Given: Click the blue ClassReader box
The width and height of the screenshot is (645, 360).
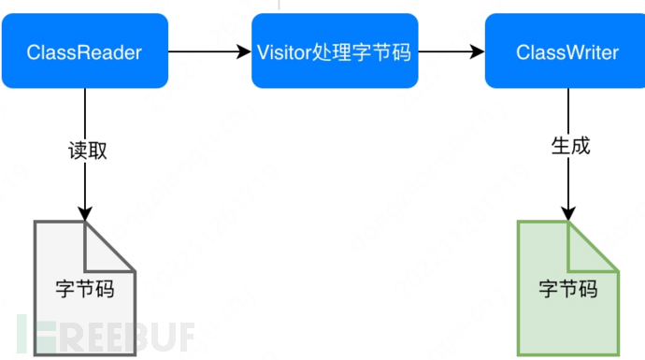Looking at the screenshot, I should (84, 51).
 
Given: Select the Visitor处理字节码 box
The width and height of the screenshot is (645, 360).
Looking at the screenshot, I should (335, 51).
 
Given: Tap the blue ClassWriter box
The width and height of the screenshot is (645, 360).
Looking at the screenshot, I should (566, 51).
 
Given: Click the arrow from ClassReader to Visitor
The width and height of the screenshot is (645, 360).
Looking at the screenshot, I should (210, 51).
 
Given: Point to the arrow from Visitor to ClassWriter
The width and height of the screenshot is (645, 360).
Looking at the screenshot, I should (451, 51).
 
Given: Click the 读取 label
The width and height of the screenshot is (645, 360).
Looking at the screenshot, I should (87, 150).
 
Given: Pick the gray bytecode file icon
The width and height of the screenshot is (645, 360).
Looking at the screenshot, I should (84, 287).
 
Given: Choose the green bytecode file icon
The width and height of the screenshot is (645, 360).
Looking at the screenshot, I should (567, 287).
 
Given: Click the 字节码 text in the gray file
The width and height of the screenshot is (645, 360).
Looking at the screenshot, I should (84, 289).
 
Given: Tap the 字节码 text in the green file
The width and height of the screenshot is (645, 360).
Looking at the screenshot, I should (567, 289).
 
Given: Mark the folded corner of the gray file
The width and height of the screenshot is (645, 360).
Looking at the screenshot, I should (110, 245).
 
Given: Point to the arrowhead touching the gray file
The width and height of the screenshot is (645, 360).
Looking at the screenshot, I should (86, 213).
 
